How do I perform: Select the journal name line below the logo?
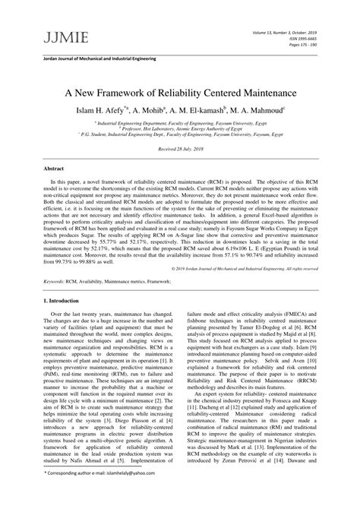tap(90, 58)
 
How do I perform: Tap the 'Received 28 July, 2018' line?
tap(180, 150)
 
